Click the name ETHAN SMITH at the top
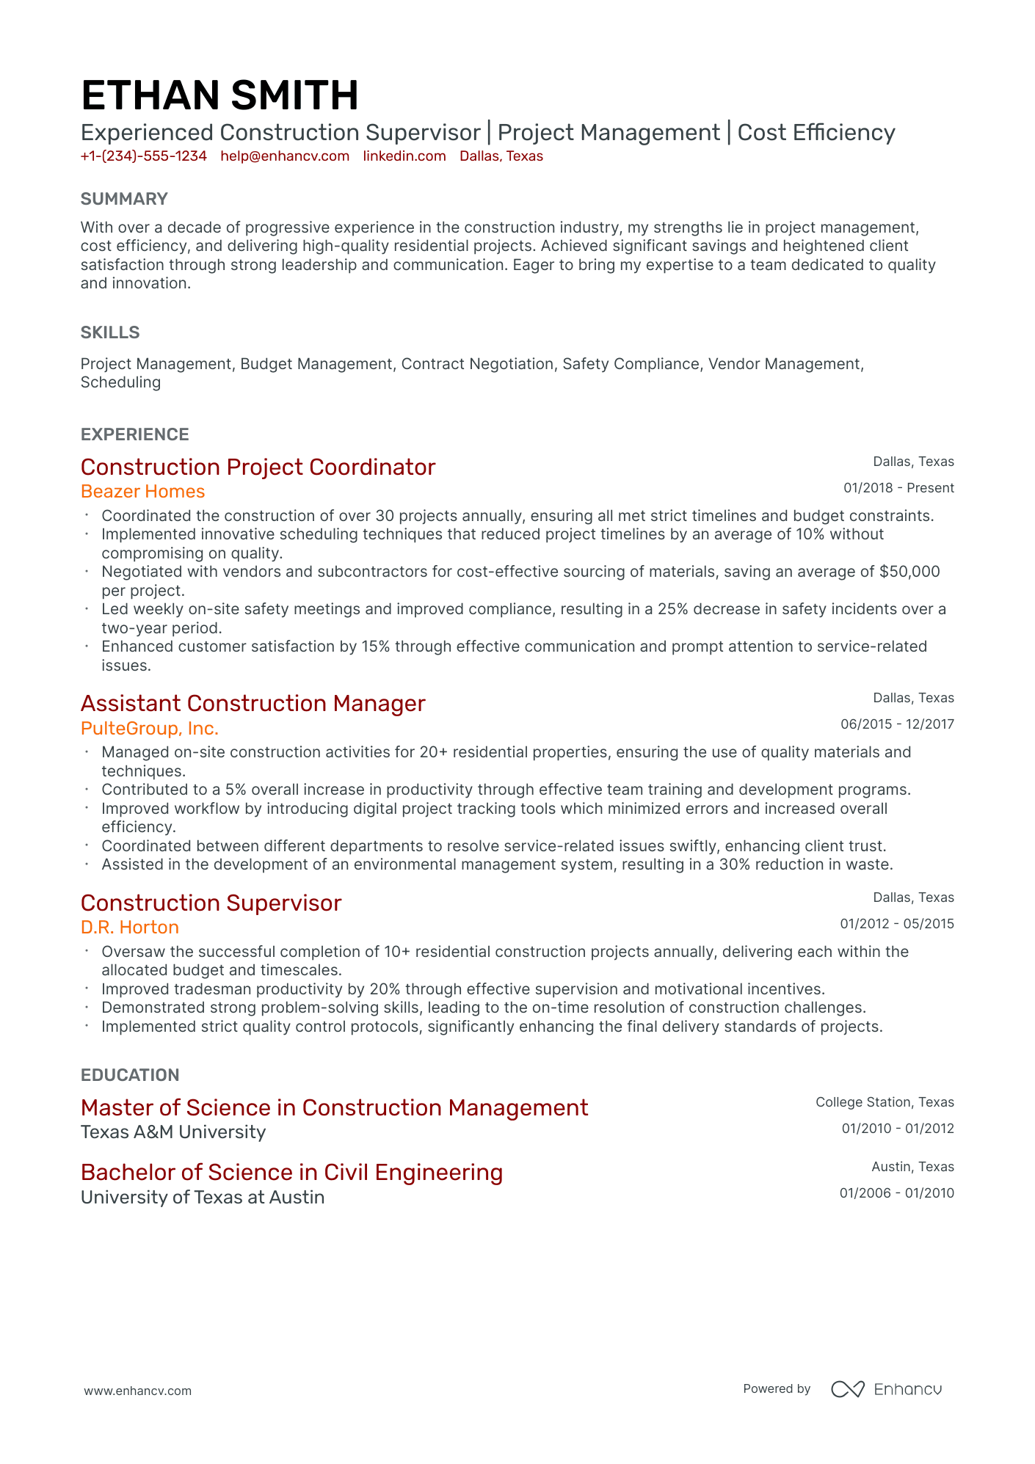tap(219, 96)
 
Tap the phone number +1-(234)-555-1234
tap(144, 156)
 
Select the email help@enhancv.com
tap(285, 156)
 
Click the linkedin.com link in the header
tap(404, 156)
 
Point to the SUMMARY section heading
tap(124, 199)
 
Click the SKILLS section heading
tap(110, 332)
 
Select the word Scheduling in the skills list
tap(120, 382)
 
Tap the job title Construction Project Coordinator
tap(258, 467)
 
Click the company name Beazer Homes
tap(142, 492)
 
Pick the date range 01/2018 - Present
tap(898, 488)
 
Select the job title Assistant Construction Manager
tap(253, 704)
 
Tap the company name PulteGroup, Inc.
tap(150, 729)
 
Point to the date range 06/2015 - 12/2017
tap(897, 724)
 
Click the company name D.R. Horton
tap(130, 928)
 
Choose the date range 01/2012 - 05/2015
tap(897, 924)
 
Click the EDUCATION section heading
tap(130, 1075)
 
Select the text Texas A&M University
tap(173, 1132)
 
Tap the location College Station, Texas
tap(885, 1102)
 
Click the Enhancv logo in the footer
tap(887, 1389)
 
